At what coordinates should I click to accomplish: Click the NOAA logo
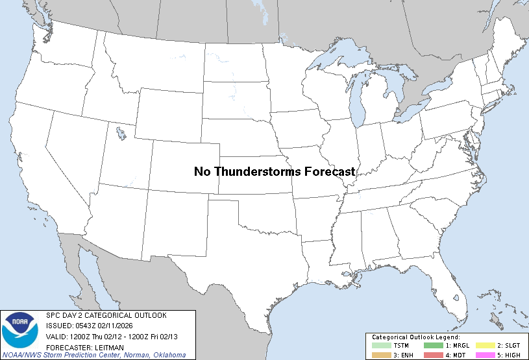coord(20,330)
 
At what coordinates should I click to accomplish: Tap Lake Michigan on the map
coord(356,104)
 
